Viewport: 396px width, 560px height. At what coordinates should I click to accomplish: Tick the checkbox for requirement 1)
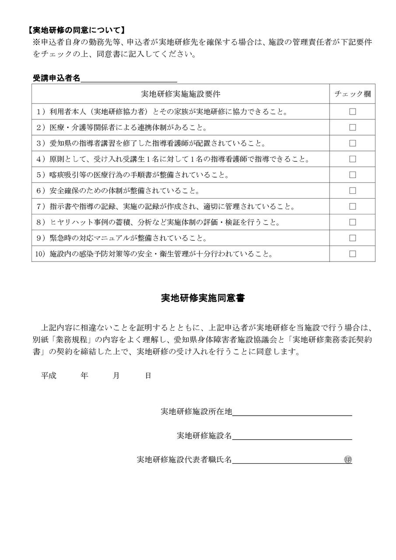(x=352, y=112)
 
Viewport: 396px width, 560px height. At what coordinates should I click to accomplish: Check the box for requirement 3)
(x=352, y=143)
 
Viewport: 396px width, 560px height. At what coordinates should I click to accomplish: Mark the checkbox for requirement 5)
(x=352, y=175)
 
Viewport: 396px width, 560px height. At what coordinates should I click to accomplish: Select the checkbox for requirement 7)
(x=352, y=206)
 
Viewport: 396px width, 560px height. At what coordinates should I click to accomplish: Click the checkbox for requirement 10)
(x=352, y=253)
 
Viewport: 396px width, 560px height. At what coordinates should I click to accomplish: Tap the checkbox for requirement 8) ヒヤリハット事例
(x=352, y=222)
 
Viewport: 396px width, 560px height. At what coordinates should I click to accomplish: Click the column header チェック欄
(x=352, y=94)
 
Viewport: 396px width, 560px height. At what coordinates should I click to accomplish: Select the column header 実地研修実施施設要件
(x=180, y=94)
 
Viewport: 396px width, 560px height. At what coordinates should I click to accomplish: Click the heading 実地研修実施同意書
(x=203, y=299)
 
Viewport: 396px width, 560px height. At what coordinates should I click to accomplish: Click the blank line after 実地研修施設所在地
(x=292, y=412)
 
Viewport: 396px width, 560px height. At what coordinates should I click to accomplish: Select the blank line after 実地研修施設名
(x=292, y=436)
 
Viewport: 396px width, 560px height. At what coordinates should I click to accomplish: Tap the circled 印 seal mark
(x=348, y=460)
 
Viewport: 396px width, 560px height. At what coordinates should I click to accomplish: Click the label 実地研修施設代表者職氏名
(x=184, y=460)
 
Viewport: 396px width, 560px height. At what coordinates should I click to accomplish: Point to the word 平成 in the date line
(x=49, y=376)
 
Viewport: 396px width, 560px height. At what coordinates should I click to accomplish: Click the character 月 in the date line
(x=116, y=376)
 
